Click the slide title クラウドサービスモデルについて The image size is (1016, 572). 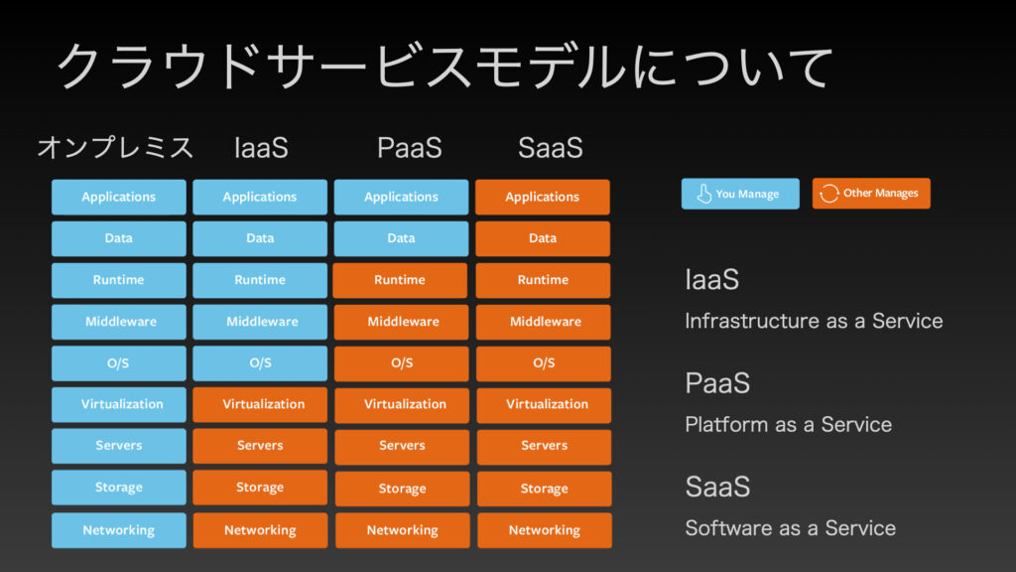[444, 67]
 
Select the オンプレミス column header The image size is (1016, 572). [115, 147]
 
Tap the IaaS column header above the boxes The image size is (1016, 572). [261, 148]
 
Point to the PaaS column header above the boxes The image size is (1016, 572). [410, 148]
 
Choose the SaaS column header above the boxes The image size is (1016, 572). [550, 148]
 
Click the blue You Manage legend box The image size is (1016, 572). [740, 194]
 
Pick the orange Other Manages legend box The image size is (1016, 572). [871, 194]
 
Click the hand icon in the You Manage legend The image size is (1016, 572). [703, 194]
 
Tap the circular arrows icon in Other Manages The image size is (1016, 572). [829, 194]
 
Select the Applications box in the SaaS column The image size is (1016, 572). [543, 198]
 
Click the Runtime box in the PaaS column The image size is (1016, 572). [400, 280]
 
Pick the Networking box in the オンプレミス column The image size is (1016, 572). [119, 530]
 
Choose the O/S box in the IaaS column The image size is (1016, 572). [260, 363]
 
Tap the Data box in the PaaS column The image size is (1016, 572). [401, 238]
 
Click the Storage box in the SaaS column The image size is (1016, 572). [545, 489]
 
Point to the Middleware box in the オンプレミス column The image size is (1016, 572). [119, 322]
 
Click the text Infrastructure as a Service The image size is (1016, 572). [814, 321]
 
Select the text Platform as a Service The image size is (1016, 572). [789, 425]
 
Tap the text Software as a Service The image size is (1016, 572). [791, 528]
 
